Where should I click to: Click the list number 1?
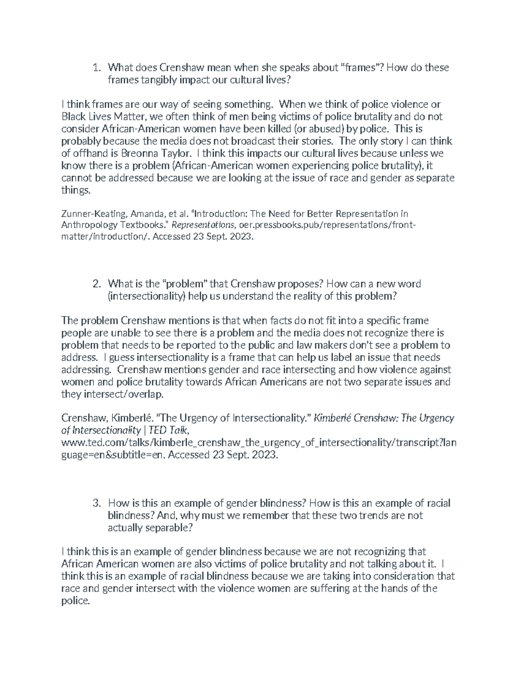(x=96, y=68)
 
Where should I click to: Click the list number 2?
(x=96, y=284)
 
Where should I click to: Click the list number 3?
(x=96, y=503)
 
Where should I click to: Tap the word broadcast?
(x=262, y=141)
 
